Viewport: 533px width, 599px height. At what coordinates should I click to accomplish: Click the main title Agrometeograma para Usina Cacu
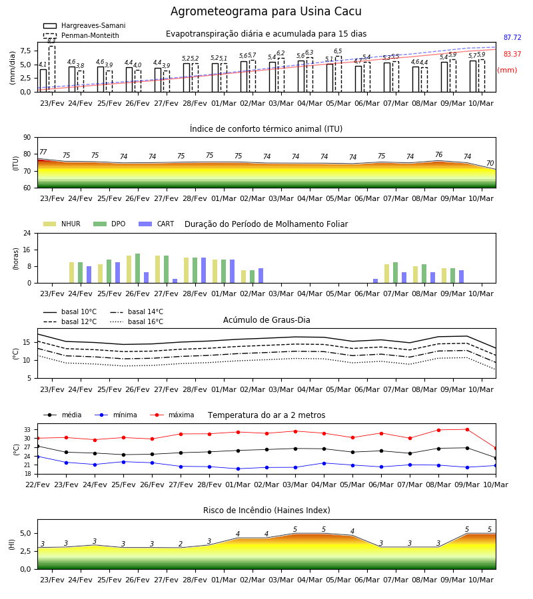pos(266,11)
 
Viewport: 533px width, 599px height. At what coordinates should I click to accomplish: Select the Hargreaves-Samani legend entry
pos(85,25)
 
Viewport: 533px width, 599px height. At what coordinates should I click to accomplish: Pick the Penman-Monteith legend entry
pos(81,35)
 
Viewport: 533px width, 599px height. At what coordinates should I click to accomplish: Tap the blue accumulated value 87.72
pos(512,37)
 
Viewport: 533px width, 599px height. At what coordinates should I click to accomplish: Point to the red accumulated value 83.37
pos(512,55)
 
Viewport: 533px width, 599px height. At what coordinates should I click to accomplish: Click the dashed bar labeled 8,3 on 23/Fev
pos(51,69)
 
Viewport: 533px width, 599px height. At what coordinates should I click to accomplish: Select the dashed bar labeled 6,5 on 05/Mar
pos(338,74)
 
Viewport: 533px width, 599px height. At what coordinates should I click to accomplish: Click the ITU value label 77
pos(43,152)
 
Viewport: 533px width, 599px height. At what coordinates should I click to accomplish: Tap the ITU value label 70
pos(490,164)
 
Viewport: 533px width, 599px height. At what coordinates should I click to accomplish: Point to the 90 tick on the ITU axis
pos(27,138)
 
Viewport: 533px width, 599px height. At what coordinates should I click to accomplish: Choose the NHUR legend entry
pos(62,224)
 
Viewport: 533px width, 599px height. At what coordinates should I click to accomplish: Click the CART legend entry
pos(157,224)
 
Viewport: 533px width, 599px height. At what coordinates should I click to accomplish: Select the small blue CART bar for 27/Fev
pos(175,281)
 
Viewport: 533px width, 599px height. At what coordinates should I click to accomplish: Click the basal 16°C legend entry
pos(137,321)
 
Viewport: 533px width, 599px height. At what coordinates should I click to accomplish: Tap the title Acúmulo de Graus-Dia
pos(266,320)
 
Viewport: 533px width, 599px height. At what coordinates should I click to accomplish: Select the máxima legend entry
pos(172,415)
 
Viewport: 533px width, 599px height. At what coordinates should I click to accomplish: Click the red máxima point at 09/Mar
pos(467,430)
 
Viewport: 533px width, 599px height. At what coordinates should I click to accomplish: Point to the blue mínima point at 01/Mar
pos(239,469)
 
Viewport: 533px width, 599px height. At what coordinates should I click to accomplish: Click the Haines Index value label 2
pos(181,544)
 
